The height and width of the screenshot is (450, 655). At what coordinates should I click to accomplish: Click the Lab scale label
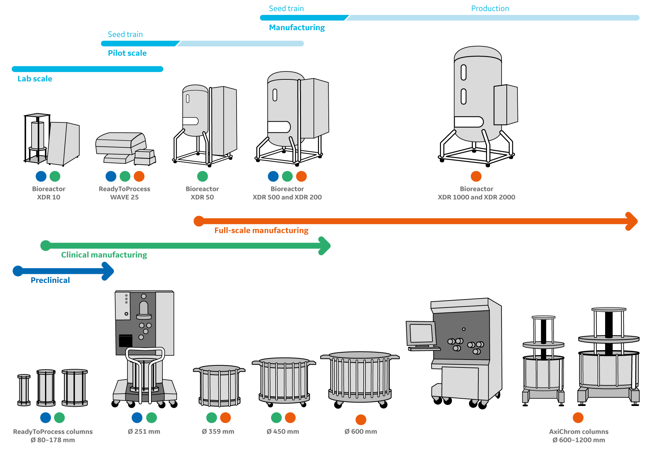(x=35, y=79)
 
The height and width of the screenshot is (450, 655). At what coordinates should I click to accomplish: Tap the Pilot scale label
(x=127, y=53)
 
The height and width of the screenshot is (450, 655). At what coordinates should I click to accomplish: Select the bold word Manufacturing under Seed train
(x=297, y=27)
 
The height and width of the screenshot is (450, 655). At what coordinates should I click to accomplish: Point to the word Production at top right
(x=490, y=8)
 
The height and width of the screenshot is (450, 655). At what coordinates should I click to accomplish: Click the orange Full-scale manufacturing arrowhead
(x=632, y=221)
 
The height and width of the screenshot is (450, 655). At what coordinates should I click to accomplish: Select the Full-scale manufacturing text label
(x=261, y=231)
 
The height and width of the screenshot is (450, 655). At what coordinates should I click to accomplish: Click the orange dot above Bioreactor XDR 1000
(x=476, y=176)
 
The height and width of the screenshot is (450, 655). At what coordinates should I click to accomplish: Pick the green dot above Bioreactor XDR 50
(x=202, y=176)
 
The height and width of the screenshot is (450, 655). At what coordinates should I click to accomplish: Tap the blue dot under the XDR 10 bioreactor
(x=41, y=176)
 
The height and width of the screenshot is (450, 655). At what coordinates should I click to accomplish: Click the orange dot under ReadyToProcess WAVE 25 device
(x=139, y=176)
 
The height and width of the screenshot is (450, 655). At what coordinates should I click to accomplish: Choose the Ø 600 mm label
(x=361, y=432)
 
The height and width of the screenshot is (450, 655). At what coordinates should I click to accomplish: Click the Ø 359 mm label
(x=218, y=432)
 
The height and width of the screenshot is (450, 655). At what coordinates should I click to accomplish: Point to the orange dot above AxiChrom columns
(x=578, y=417)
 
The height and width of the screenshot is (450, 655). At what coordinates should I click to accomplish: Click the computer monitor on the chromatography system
(x=421, y=333)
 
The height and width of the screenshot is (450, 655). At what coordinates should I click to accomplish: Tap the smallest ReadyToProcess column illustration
(x=24, y=390)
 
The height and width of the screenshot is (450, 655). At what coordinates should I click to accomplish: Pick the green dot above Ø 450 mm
(x=276, y=417)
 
